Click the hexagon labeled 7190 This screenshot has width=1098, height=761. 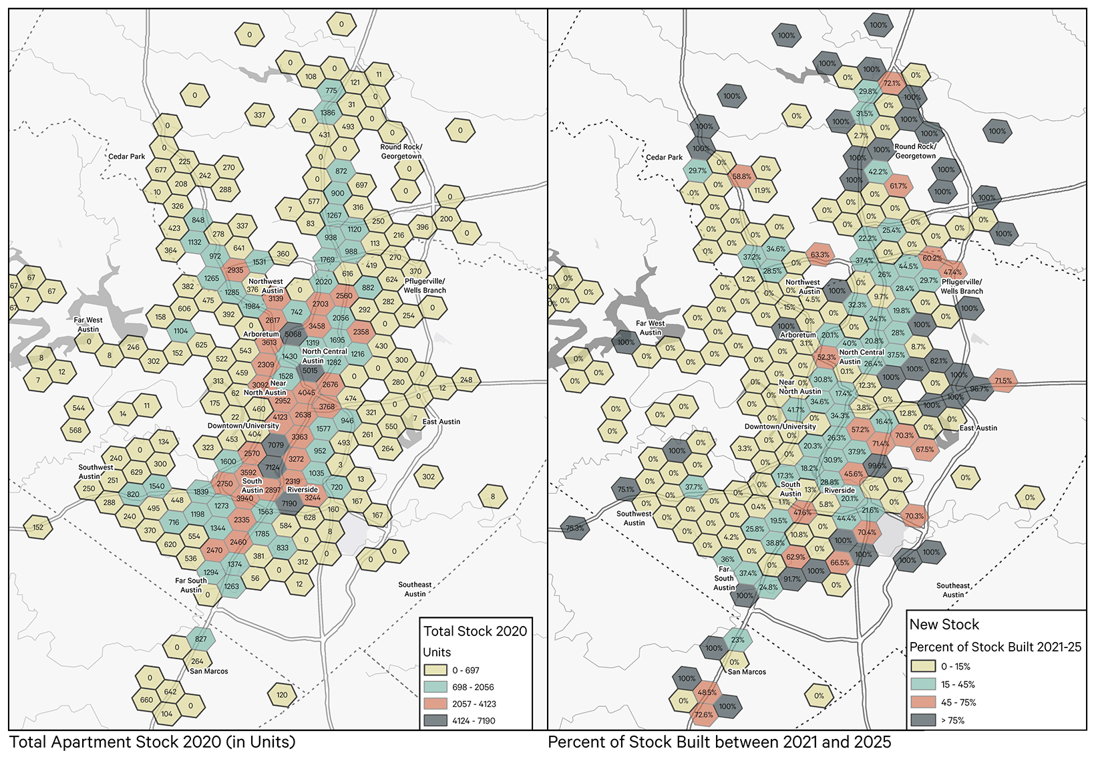[x=289, y=503]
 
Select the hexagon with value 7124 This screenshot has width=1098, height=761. [x=272, y=467]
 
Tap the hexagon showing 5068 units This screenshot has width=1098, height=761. [x=293, y=334]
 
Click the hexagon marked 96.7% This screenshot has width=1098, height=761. [x=979, y=389]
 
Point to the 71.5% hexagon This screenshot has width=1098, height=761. [x=1003, y=381]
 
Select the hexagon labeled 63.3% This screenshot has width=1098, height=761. [x=820, y=255]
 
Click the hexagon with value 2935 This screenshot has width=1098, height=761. [x=235, y=270]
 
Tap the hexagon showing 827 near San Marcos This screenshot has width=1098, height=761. [x=201, y=639]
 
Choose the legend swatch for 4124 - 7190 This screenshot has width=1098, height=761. [x=434, y=721]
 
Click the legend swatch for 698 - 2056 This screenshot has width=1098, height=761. [x=434, y=687]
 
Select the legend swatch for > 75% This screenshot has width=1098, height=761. [x=922, y=720]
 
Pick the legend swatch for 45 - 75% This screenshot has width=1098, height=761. [x=922, y=702]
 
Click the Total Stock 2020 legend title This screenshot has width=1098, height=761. [x=475, y=631]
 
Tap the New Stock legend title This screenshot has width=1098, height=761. [x=944, y=625]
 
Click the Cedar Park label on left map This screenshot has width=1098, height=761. [x=127, y=156]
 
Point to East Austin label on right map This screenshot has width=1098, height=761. [x=978, y=428]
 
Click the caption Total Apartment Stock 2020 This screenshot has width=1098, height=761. [x=152, y=742]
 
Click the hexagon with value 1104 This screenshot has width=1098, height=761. [x=181, y=331]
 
